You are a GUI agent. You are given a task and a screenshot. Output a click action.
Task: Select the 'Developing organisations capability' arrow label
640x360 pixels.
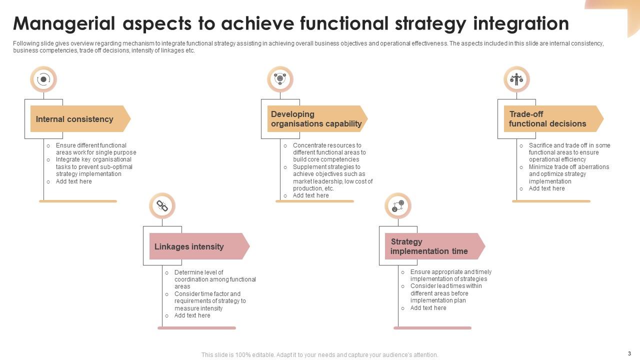316,119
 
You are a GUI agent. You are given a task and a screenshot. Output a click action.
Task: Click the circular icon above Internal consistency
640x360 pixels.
43,79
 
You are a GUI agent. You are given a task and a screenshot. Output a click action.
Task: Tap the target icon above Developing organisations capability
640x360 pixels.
280,79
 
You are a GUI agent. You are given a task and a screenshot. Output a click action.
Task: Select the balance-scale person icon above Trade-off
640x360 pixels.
516,79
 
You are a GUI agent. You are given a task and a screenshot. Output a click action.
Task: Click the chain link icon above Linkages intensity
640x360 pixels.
162,206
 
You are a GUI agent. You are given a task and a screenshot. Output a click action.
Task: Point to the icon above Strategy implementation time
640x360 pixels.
398,206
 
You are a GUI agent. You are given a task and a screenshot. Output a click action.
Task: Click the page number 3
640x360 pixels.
629,353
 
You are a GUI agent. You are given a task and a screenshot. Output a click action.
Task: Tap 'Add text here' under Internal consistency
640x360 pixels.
73,181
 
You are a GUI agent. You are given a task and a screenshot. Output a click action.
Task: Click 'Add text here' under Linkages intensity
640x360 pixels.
192,315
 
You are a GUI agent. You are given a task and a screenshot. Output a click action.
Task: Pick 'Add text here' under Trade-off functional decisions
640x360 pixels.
546,188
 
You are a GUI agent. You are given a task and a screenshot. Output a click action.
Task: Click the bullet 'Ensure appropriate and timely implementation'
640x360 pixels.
450,275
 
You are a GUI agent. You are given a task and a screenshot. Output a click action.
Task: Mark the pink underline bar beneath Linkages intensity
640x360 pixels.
196,328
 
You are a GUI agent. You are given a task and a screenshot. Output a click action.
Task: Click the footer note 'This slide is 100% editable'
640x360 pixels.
319,355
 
